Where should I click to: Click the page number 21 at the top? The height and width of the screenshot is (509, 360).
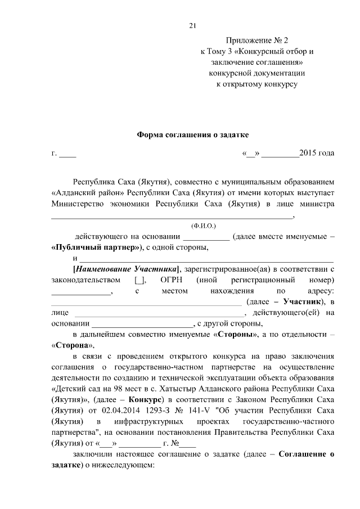click(x=192, y=25)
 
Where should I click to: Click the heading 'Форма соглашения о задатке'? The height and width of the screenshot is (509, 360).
click(x=192, y=135)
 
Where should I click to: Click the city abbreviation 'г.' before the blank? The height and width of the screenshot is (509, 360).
click(x=54, y=153)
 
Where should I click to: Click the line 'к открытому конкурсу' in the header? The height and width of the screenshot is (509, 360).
click(x=256, y=84)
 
